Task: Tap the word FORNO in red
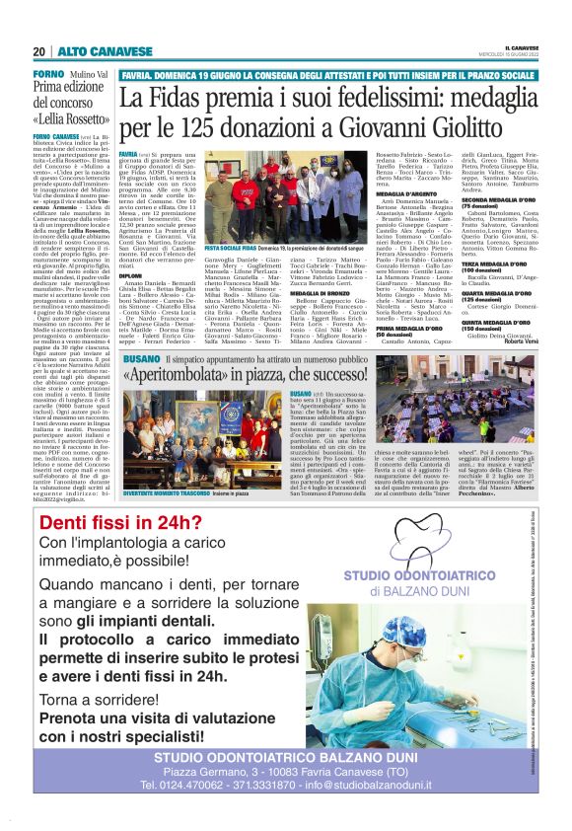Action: tap(48, 75)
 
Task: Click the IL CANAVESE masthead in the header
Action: tap(522, 46)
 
